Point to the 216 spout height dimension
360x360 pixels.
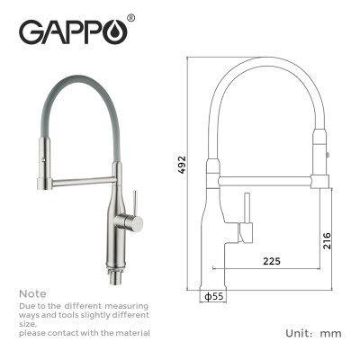[x=328, y=239]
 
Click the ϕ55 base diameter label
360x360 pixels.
[x=214, y=295]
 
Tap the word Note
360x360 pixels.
[x=31, y=294]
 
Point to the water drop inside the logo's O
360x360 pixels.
[x=117, y=33]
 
